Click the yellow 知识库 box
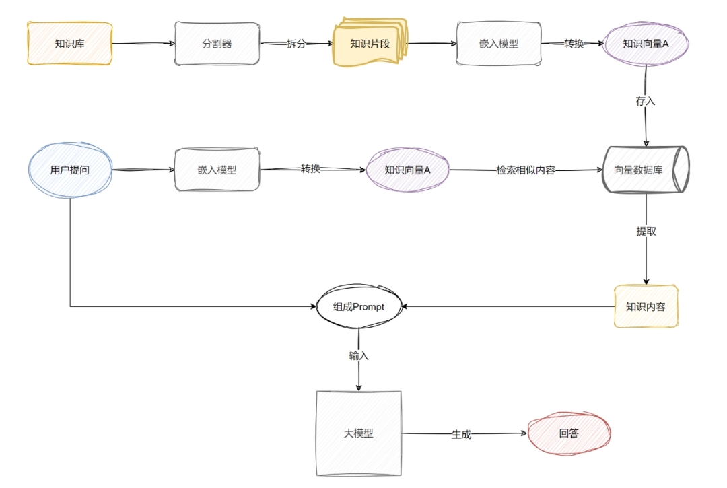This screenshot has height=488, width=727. pos(69,44)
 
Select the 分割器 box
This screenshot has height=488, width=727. pos(217,44)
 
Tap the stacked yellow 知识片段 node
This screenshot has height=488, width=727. pos(370,44)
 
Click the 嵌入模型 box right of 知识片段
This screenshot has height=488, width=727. pos(499,44)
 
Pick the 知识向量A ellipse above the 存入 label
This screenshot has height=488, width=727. pos(645,44)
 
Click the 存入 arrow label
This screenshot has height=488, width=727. pos(645,102)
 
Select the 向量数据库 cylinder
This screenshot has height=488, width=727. pos(646,170)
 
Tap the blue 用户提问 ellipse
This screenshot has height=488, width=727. pos(69,170)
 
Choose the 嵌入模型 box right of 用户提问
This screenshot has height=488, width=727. pos(217,170)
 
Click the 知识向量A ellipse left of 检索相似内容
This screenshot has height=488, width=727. pos(407,170)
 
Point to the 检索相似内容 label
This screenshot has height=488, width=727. pos(526,170)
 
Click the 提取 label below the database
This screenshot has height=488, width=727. pos(646,231)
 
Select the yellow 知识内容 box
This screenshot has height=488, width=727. pos(646,306)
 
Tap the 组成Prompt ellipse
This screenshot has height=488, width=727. pos(358,307)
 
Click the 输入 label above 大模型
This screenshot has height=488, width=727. pos(358,355)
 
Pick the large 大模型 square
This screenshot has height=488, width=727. pos(358,433)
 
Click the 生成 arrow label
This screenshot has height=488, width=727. pos(461,435)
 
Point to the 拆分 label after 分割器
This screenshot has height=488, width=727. pos(296,44)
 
